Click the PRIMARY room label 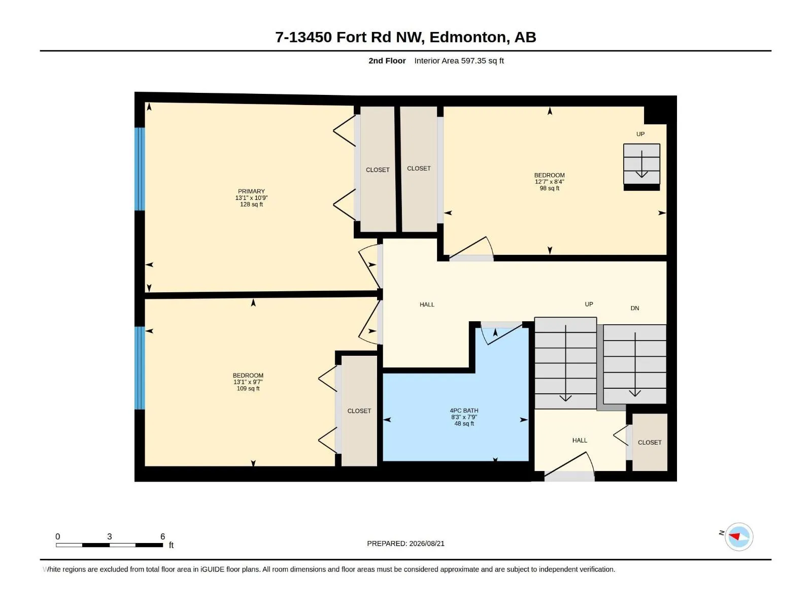pyautogui.click(x=251, y=191)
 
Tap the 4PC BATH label pyautogui.click(x=464, y=411)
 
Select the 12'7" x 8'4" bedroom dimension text pyautogui.click(x=549, y=182)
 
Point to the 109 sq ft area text pyautogui.click(x=248, y=388)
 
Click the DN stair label pyautogui.click(x=635, y=308)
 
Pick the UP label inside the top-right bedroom pyautogui.click(x=640, y=134)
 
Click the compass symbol pyautogui.click(x=739, y=536)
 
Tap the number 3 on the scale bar pyautogui.click(x=110, y=536)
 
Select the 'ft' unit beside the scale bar pyautogui.click(x=171, y=545)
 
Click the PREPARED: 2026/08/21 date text pyautogui.click(x=405, y=544)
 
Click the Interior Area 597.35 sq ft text pyautogui.click(x=459, y=60)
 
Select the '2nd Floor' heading pyautogui.click(x=387, y=60)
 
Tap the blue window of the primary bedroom pyautogui.click(x=140, y=169)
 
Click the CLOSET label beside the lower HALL pyautogui.click(x=650, y=442)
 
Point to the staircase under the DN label pyautogui.click(x=635, y=364)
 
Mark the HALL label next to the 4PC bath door pyautogui.click(x=427, y=304)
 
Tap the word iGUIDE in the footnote pyautogui.click(x=212, y=569)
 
